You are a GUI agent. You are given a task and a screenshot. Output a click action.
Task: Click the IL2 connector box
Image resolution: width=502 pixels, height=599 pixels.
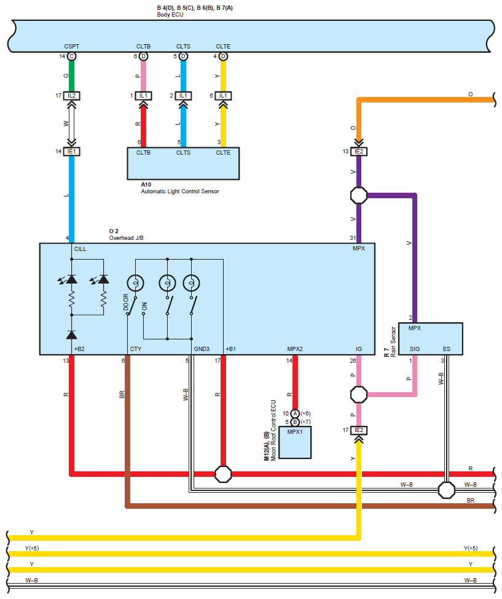click(71, 96)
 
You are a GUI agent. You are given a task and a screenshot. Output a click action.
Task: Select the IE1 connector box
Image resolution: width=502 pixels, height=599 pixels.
click(71, 151)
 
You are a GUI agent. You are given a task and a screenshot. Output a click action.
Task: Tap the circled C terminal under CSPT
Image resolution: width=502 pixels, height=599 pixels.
click(71, 56)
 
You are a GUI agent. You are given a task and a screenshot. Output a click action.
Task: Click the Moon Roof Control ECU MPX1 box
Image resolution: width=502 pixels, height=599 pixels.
click(295, 441)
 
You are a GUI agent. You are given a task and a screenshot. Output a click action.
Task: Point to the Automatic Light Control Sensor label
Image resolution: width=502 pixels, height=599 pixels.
click(179, 191)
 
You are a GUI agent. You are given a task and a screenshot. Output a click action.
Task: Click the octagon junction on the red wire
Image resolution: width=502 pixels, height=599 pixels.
click(223, 474)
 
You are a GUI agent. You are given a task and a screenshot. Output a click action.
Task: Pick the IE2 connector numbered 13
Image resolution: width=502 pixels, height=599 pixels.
click(359, 151)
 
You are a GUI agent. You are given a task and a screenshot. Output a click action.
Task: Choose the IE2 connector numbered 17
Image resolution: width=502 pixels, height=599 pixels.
click(359, 430)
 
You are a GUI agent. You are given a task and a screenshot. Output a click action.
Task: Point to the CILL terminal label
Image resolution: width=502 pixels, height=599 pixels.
click(80, 249)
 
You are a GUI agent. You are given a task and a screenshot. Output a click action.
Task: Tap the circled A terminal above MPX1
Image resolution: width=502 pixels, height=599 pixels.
click(295, 414)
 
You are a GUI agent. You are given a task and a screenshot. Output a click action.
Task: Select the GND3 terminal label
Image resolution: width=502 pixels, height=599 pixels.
click(202, 349)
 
